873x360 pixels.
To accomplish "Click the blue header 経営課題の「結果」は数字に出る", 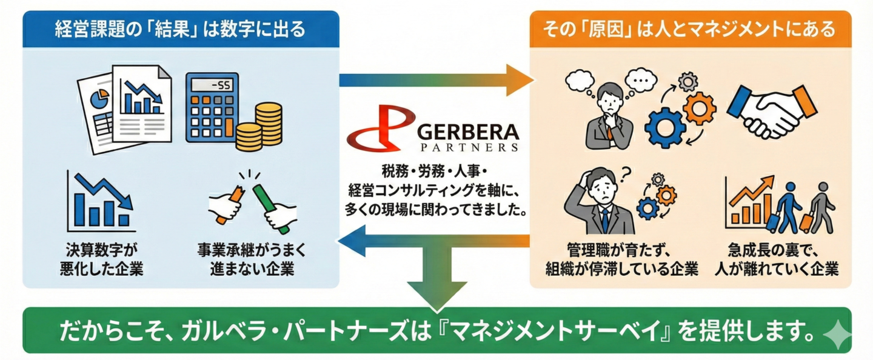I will coord(180,28).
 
